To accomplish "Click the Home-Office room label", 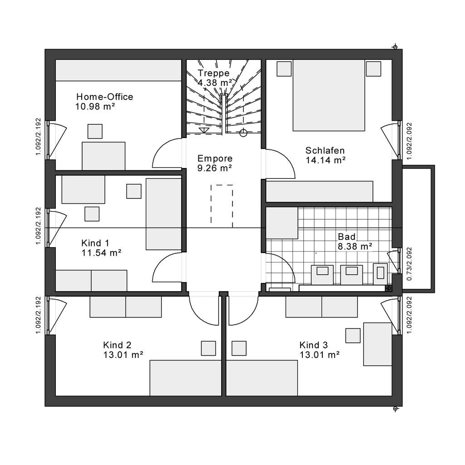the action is [x=105, y=97].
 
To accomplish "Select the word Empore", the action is [x=215, y=158].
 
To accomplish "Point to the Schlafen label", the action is [x=325, y=150].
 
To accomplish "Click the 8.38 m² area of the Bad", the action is [x=355, y=247].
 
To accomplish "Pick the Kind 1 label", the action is [x=95, y=243].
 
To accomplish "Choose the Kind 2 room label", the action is [x=117, y=345].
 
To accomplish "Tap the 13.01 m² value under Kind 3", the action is [x=319, y=355].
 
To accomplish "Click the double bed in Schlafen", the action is [x=329, y=95].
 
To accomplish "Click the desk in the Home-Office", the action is [x=104, y=156].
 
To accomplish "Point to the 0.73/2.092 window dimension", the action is [x=409, y=264].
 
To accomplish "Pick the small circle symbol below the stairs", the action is [x=243, y=133].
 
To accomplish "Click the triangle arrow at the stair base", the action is [x=204, y=130].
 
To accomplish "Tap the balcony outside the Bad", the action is [x=418, y=229].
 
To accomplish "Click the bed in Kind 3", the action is [x=262, y=378].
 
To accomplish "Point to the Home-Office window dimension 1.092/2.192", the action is [x=38, y=137].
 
